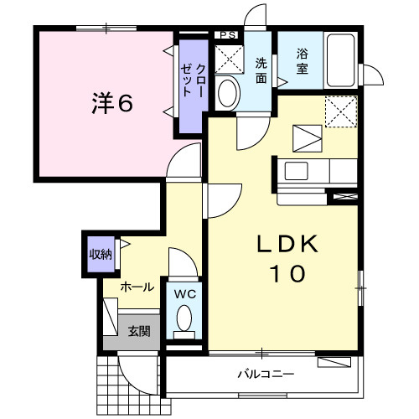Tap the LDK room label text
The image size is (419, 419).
287,244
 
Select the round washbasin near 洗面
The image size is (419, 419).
226,92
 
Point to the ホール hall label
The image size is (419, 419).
137,287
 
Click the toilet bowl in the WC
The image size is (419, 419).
184,319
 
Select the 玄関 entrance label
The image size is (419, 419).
138,331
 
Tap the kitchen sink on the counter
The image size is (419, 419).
298,172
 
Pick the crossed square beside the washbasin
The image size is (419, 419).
226,58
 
